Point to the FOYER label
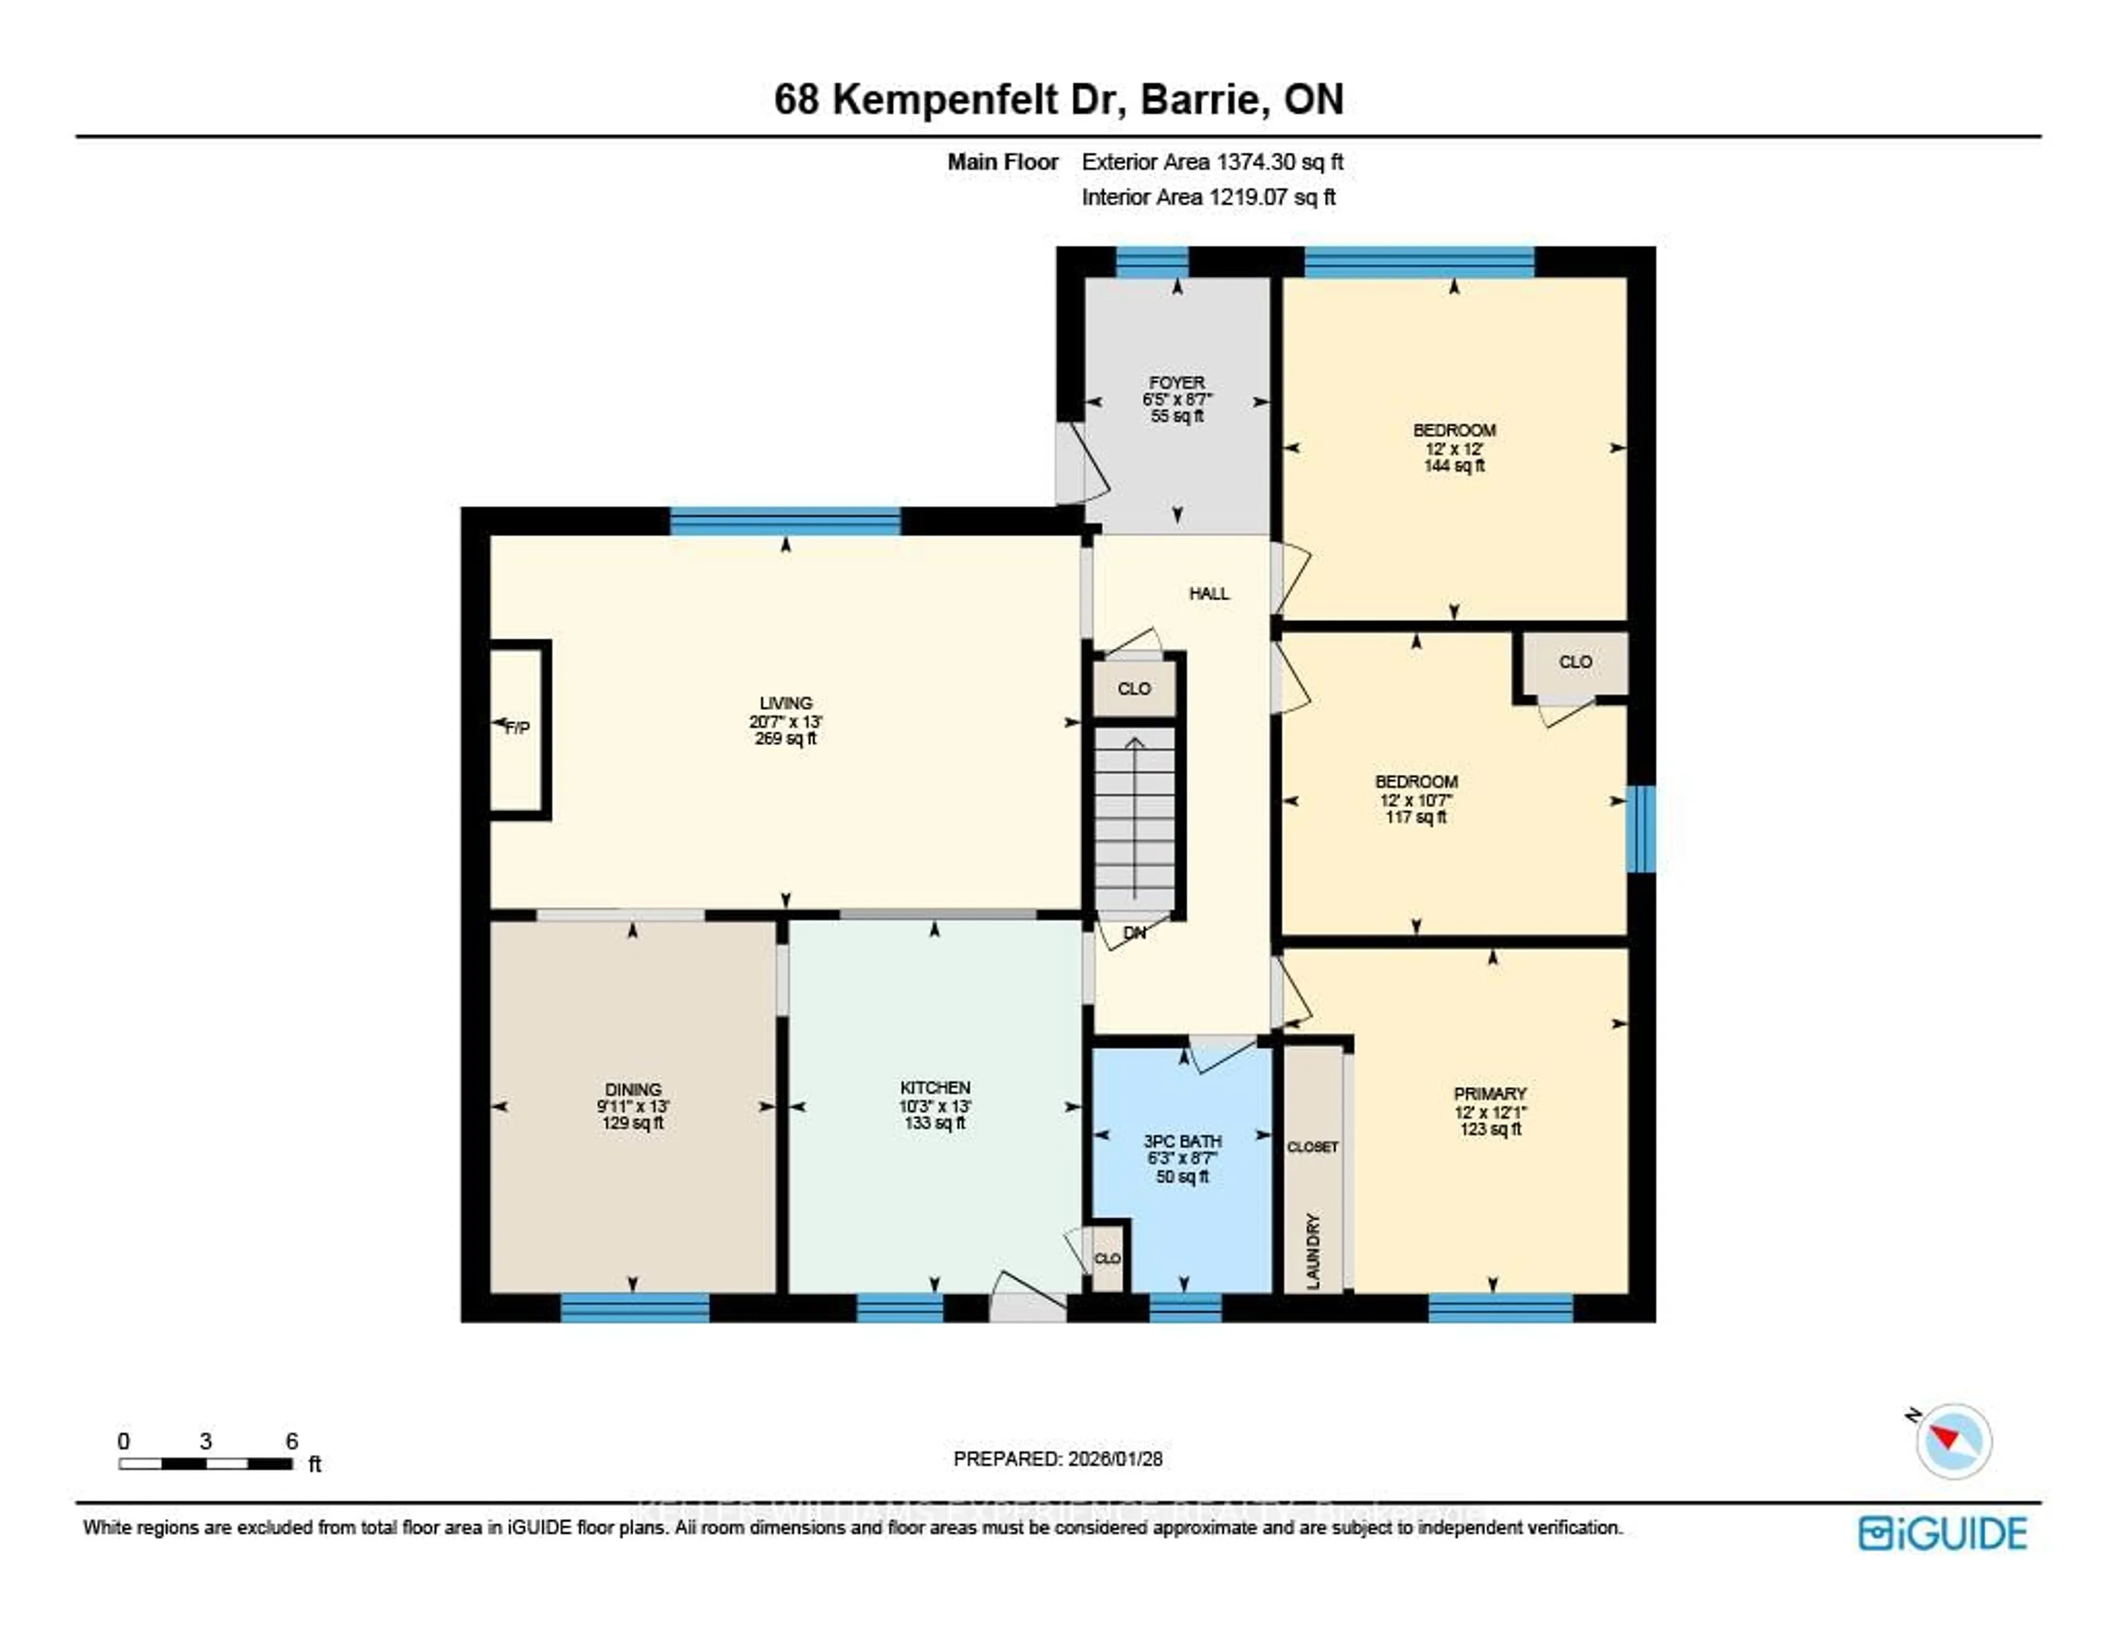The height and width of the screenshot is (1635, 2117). click(1177, 383)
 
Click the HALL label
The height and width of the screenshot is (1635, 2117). click(1209, 593)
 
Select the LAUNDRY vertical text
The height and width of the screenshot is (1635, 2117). click(1313, 1250)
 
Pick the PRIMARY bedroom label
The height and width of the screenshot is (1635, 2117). click(1490, 1093)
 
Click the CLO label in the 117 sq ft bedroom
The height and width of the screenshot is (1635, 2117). click(1575, 662)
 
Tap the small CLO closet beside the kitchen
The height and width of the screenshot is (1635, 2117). click(1107, 1258)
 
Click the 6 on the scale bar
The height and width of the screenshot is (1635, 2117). click(292, 1441)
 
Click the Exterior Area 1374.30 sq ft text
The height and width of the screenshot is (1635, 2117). click(1212, 162)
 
